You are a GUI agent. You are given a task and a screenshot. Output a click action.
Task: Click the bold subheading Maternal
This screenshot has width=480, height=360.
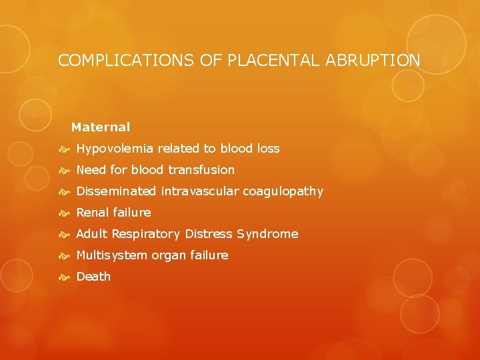101,127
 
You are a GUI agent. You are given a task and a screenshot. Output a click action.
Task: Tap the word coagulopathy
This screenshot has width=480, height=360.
283,191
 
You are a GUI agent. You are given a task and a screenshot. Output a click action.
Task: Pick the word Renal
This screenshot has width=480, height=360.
93,213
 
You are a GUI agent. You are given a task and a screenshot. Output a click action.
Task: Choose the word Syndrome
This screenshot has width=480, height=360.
271,234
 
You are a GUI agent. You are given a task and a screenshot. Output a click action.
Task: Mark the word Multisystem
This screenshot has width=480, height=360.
111,255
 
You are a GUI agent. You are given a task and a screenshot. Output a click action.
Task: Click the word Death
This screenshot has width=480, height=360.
93,277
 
